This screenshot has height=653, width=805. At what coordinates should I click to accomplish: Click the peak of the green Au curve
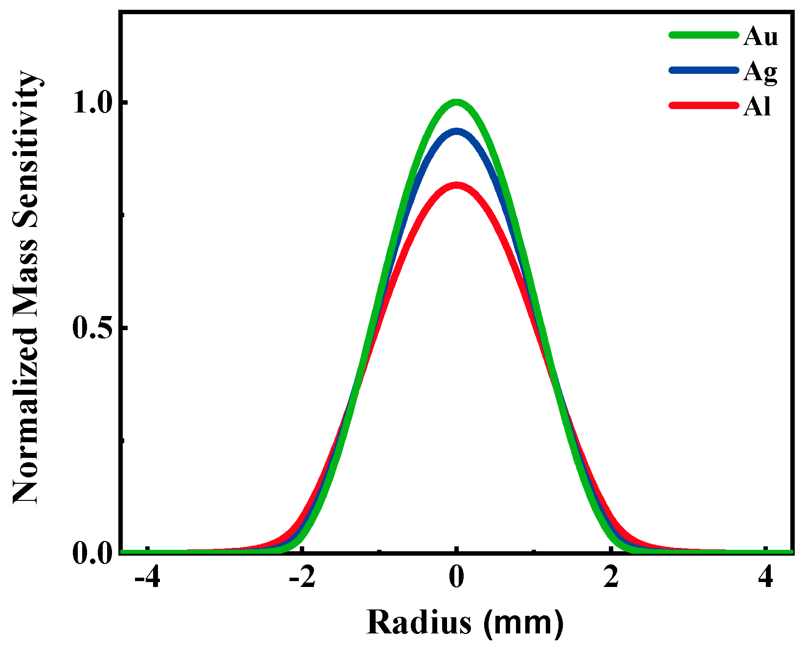tap(456, 102)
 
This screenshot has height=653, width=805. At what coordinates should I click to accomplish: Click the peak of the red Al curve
tap(457, 185)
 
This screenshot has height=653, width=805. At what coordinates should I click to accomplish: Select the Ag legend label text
tap(760, 72)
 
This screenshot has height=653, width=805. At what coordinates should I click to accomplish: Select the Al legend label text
tap(757, 107)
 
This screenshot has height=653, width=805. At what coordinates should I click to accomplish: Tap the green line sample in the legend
tap(703, 35)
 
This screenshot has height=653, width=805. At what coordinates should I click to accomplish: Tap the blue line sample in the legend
tap(703, 70)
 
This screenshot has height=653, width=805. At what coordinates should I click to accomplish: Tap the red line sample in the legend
tap(703, 105)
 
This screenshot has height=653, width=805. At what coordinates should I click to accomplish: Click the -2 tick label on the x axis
tap(302, 579)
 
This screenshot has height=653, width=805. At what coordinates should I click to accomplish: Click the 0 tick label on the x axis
tap(456, 579)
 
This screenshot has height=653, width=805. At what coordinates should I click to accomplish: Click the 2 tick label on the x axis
tap(611, 579)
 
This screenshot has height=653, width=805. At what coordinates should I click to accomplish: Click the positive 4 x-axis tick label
tap(765, 579)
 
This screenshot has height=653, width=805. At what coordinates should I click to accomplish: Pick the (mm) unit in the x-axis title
tap(523, 623)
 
